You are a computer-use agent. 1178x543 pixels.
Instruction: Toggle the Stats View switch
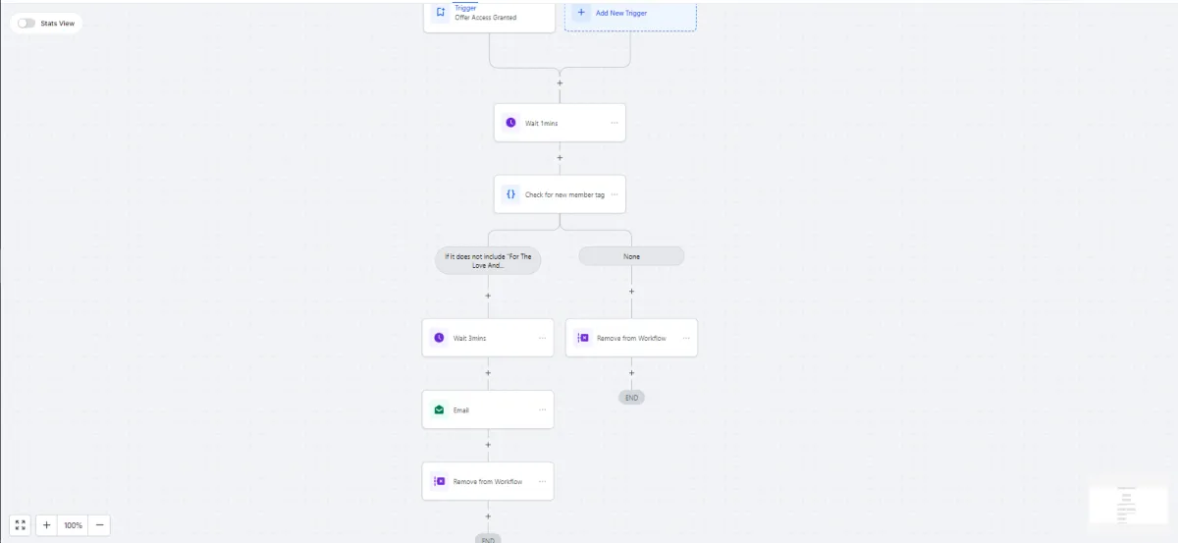27,23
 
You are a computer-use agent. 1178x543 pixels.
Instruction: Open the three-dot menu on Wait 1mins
615,123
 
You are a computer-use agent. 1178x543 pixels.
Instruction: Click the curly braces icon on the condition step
510,194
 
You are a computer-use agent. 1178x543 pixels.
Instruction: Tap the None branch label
631,256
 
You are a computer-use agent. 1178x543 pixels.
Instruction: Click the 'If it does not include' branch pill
488,261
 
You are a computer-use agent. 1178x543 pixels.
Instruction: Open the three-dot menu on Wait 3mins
542,338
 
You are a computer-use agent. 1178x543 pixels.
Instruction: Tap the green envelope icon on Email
439,409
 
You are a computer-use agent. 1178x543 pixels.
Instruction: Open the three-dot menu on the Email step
542,409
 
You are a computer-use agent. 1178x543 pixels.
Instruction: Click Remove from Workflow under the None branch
631,338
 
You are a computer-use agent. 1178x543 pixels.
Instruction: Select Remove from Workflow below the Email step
487,481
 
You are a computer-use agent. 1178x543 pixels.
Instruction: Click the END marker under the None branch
631,398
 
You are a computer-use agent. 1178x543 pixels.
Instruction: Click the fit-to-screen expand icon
21,525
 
